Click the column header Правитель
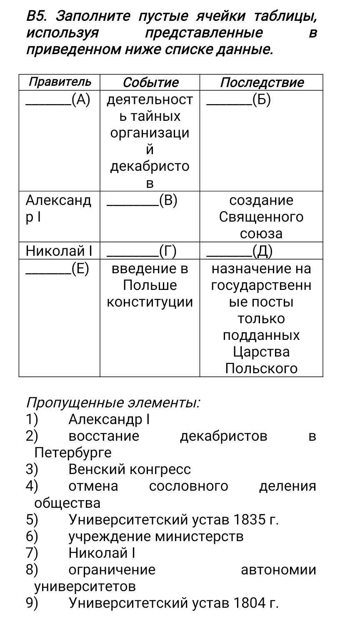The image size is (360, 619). coord(59,82)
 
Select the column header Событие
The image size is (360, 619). coord(150,82)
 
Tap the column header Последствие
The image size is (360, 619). coord(262,82)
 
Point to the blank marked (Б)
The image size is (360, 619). coord(239,100)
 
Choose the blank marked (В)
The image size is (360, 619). coord(142,201)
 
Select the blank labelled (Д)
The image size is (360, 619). coord(240,251)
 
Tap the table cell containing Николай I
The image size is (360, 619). coord(59,251)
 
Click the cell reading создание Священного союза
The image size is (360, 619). coord(261,217)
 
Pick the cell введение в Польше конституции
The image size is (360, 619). coord(150,285)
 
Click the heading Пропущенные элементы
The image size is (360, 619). coord(112,402)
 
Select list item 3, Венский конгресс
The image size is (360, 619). coord(130,469)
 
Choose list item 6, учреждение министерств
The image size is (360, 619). coord(156,536)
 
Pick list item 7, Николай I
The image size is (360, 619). coord(102,553)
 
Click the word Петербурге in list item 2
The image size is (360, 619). coord(73,453)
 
